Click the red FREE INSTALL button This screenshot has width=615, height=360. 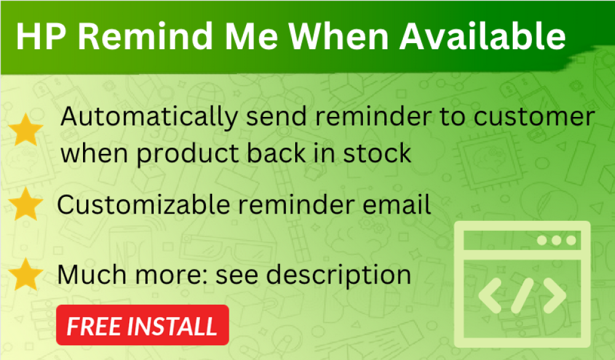pos(143,325)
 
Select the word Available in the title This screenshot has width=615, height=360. pos(482,36)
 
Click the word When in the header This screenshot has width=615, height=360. pos(339,36)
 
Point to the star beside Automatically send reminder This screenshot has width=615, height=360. pos(26,130)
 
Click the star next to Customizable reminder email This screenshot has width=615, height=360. pos(25,203)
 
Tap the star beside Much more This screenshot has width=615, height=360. pos(25,274)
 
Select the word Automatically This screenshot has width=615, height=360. pos(149,118)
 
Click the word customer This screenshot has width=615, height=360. pos(534,118)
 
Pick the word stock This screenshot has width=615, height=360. pos(377,153)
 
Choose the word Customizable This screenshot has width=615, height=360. pos(143,204)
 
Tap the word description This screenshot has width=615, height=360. pos(338,275)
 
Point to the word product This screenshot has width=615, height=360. pos(188,154)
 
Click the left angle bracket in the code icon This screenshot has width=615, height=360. pos(490,295)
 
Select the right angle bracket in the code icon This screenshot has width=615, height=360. pos(554,295)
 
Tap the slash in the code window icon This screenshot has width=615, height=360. pos(522,295)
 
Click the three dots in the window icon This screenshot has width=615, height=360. pos(557,240)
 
